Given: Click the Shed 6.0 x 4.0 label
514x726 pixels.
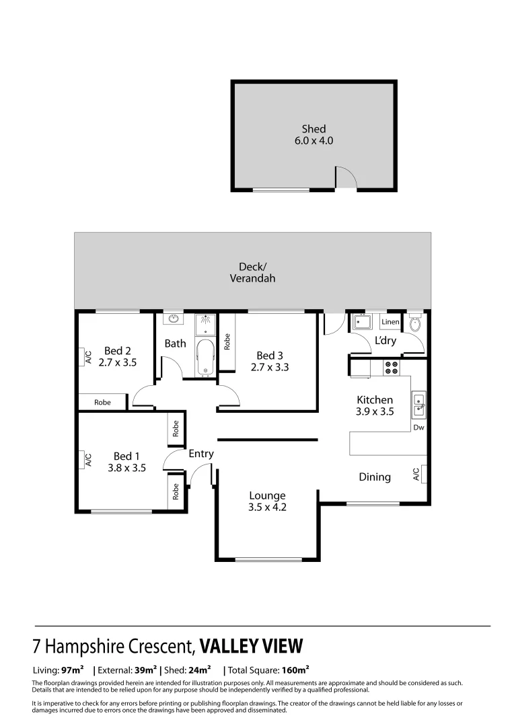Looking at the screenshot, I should point(314,135).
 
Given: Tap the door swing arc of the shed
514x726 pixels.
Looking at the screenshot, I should point(345,177).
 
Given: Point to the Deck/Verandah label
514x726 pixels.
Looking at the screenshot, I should point(252,272).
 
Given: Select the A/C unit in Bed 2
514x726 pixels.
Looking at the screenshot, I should point(87,357).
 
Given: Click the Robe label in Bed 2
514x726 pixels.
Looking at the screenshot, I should point(102,403).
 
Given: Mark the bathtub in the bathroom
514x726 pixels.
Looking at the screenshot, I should point(205,358).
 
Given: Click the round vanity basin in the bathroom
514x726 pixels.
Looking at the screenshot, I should point(174,319).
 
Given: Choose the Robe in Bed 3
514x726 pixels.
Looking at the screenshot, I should point(227,342).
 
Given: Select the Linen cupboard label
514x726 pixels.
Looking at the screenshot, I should point(390,322).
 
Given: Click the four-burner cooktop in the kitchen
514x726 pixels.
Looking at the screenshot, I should point(390,368).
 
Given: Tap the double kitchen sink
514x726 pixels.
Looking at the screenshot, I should point(418,404).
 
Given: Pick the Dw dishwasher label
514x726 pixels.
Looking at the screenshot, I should point(418,427).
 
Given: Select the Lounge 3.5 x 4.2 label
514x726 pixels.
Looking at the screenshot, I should point(267,501).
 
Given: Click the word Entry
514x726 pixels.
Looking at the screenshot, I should point(201,454).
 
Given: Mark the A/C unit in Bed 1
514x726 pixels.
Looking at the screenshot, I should point(87,460).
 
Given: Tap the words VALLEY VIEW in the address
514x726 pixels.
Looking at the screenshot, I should point(252,647).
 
